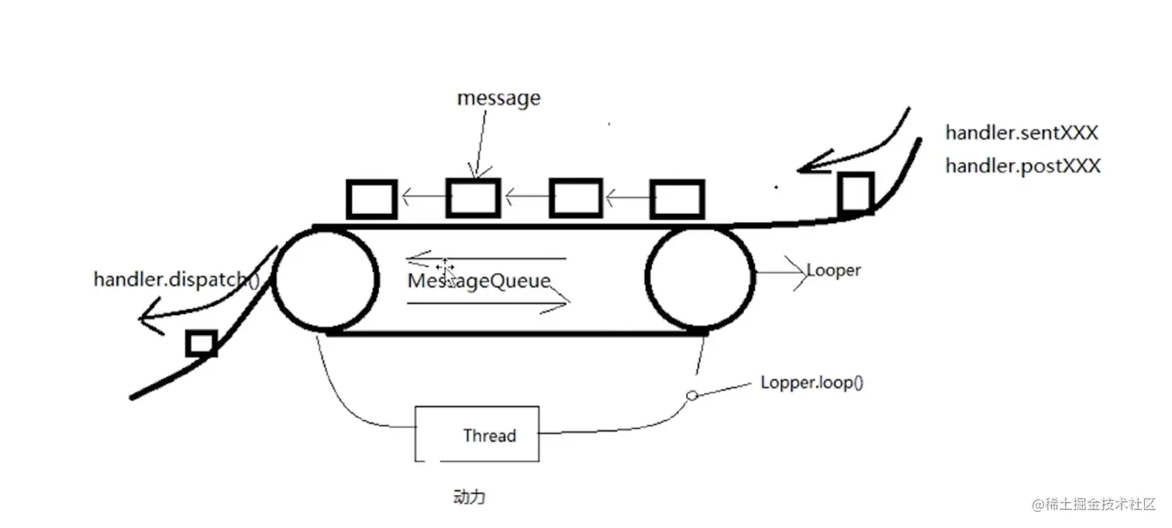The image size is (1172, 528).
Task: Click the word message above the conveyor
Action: click(498, 98)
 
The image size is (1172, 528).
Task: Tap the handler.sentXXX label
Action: click(1022, 133)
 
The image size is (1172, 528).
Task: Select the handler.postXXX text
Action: click(1023, 167)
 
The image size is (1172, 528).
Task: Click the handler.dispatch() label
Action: click(177, 280)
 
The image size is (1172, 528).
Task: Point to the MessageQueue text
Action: click(479, 281)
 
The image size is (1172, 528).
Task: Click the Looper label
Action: click(833, 271)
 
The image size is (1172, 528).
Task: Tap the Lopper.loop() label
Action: click(812, 382)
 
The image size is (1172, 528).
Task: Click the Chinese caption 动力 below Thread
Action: click(469, 497)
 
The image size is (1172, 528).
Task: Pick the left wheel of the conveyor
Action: click(274, 280)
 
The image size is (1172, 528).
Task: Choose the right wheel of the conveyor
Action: click(648, 278)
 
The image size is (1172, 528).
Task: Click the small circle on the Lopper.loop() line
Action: click(691, 395)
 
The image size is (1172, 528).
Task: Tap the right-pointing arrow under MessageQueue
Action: click(488, 302)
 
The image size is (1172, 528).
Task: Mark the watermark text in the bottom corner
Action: click(1094, 504)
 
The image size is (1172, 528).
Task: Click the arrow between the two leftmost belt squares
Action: click(424, 197)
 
